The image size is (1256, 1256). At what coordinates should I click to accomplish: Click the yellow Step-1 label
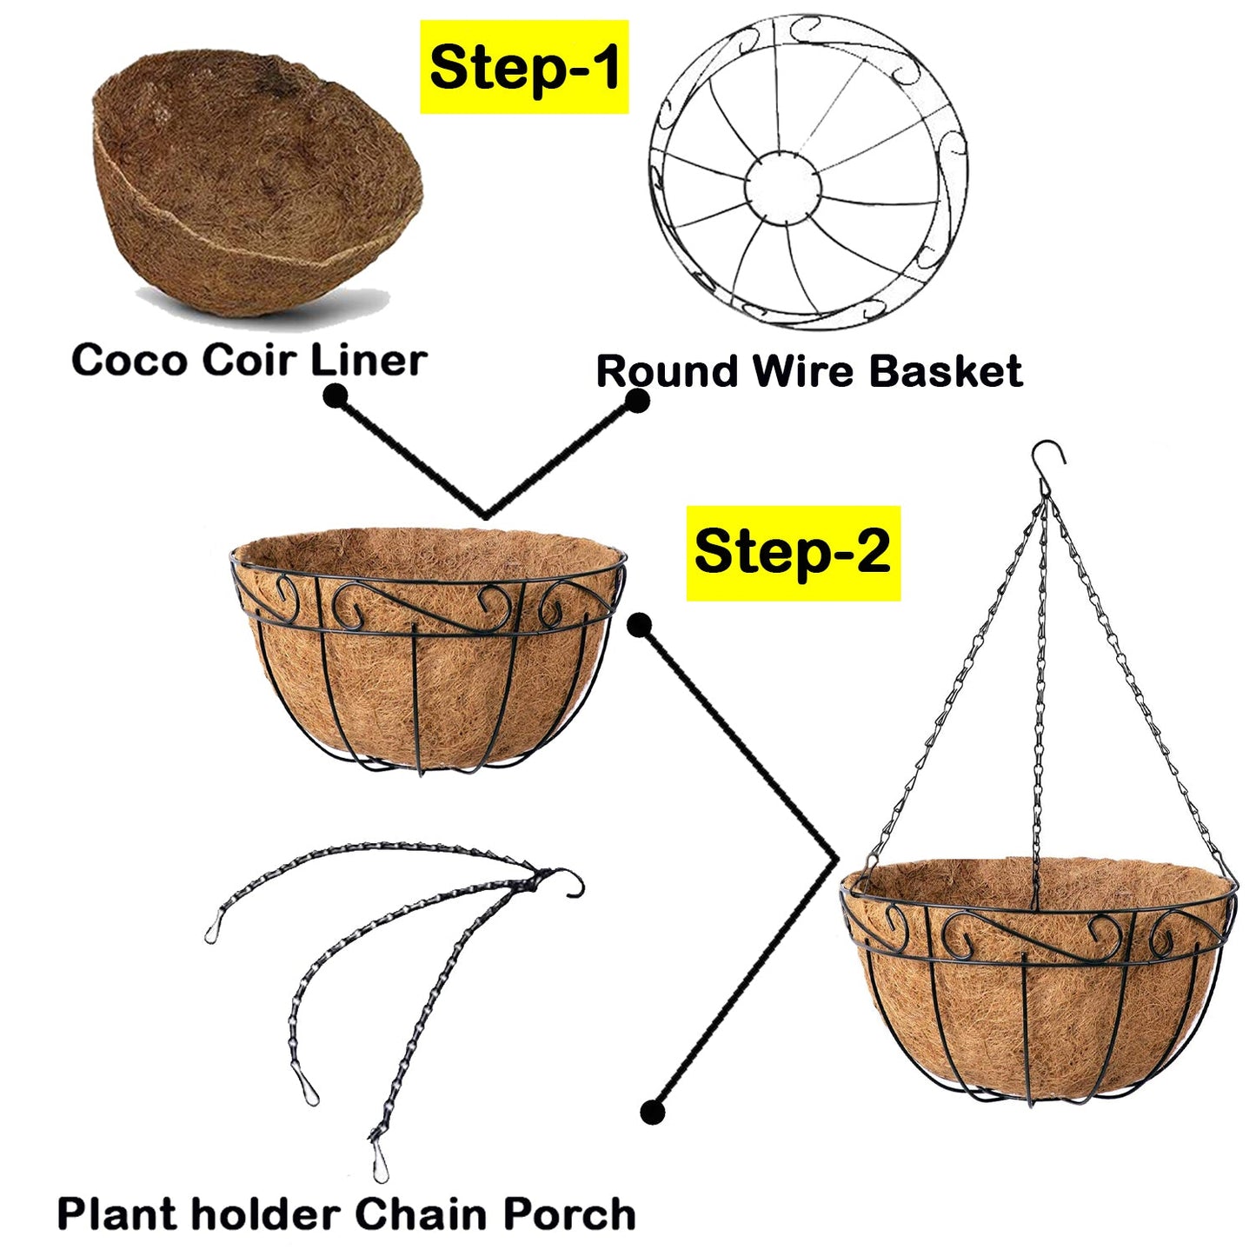click(x=524, y=68)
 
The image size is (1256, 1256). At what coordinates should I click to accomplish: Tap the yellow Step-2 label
click(x=793, y=553)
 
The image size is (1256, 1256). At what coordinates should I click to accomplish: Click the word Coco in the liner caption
click(x=129, y=360)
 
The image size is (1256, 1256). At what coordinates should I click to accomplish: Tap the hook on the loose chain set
click(x=569, y=881)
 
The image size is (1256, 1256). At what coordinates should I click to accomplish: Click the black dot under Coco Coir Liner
click(x=335, y=397)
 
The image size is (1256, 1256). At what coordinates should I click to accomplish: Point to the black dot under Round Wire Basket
click(x=637, y=401)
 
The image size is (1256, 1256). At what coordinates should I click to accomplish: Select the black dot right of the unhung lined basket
click(x=640, y=625)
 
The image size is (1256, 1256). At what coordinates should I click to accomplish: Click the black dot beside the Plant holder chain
click(x=652, y=1112)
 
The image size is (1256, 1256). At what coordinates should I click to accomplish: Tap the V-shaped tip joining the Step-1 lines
click(x=486, y=513)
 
